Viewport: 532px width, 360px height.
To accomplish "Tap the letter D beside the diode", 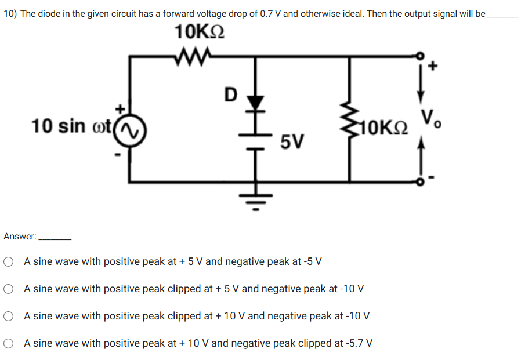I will coord(230,94).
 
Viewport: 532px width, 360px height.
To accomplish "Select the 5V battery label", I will coord(291,141).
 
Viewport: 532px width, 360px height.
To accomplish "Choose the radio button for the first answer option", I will coord(9,261).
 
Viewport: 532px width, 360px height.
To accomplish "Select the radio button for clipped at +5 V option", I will coord(9,289).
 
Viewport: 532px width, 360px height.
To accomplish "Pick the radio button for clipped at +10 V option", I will coord(9,316).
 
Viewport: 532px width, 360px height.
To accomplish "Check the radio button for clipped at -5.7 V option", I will coord(9,343).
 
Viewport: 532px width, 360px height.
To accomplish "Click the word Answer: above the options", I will coord(20,237).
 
